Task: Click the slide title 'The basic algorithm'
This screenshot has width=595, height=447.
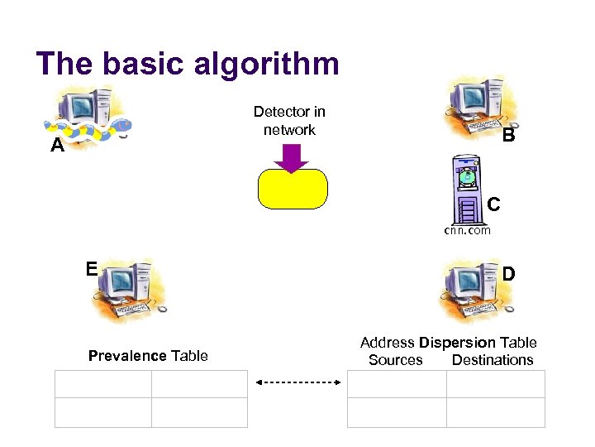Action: [x=188, y=64]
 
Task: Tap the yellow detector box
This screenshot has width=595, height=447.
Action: [x=293, y=188]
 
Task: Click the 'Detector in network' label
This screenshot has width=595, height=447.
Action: [x=289, y=121]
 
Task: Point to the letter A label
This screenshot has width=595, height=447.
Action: [x=57, y=147]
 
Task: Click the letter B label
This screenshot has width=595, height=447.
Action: [x=508, y=135]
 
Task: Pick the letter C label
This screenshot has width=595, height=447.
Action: [x=493, y=203]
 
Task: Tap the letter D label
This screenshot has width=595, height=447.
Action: [x=509, y=272]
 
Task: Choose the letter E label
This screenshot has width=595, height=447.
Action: [x=92, y=268]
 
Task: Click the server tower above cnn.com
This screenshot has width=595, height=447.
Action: [x=468, y=190]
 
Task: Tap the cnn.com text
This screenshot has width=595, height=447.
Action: [x=468, y=230]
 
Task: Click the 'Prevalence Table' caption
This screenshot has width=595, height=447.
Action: [x=148, y=356]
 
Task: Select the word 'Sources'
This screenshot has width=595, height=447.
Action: [x=395, y=360]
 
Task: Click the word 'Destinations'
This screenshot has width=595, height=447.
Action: [x=493, y=360]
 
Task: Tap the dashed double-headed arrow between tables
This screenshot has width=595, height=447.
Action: [x=298, y=382]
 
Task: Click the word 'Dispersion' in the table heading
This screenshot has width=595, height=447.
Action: [x=457, y=343]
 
